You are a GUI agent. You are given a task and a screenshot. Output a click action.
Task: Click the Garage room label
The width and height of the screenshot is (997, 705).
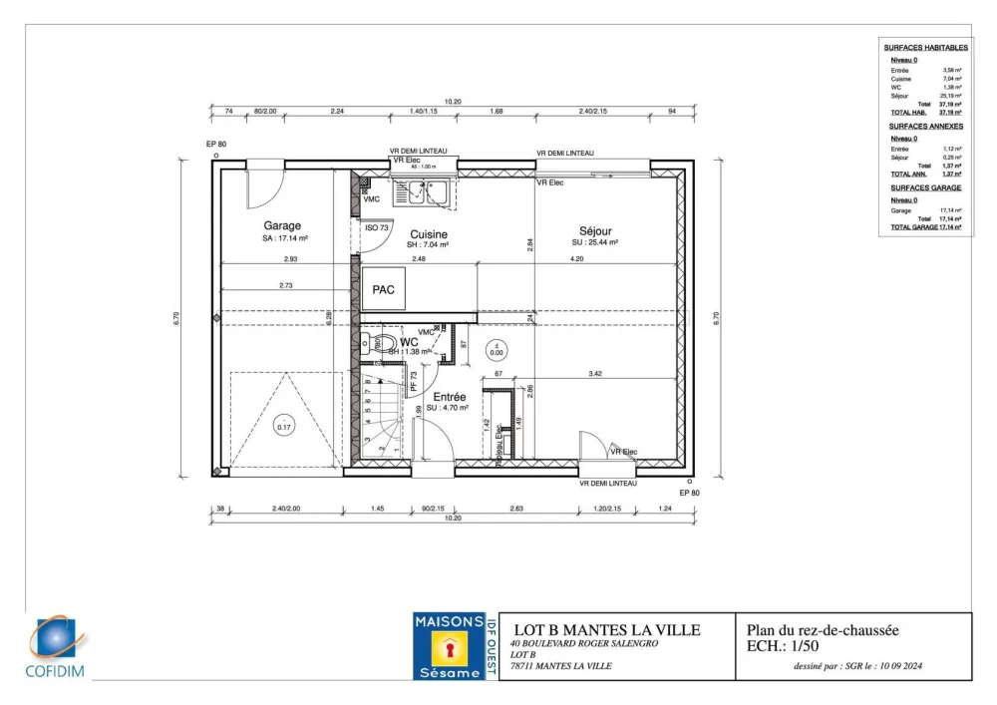(x=282, y=225)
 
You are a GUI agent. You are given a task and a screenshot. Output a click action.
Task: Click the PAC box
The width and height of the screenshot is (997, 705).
(x=384, y=289)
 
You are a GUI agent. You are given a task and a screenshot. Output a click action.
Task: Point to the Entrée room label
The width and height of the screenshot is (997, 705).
(x=449, y=397)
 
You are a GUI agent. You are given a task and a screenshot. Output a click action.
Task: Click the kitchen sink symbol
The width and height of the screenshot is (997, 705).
(x=424, y=193)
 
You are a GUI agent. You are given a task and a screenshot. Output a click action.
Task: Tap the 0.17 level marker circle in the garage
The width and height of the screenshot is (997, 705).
(x=284, y=427)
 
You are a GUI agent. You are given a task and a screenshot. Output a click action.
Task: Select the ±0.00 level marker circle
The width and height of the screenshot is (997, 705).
(x=497, y=350)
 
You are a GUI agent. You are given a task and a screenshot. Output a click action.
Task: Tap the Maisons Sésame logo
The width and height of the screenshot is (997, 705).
(x=449, y=647)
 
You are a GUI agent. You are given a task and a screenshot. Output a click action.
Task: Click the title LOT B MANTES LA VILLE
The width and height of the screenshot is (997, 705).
(x=606, y=630)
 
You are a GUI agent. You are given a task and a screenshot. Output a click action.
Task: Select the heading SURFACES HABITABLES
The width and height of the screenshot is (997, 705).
(x=925, y=48)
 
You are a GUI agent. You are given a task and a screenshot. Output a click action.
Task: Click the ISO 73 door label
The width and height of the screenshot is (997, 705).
(x=377, y=228)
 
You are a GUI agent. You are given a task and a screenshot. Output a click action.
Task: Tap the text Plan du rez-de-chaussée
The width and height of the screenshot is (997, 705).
(x=823, y=630)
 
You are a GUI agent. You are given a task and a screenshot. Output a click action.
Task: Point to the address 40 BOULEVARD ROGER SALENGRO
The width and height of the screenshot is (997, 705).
(x=580, y=644)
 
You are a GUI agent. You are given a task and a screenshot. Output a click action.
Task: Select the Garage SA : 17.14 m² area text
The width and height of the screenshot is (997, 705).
(x=285, y=239)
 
